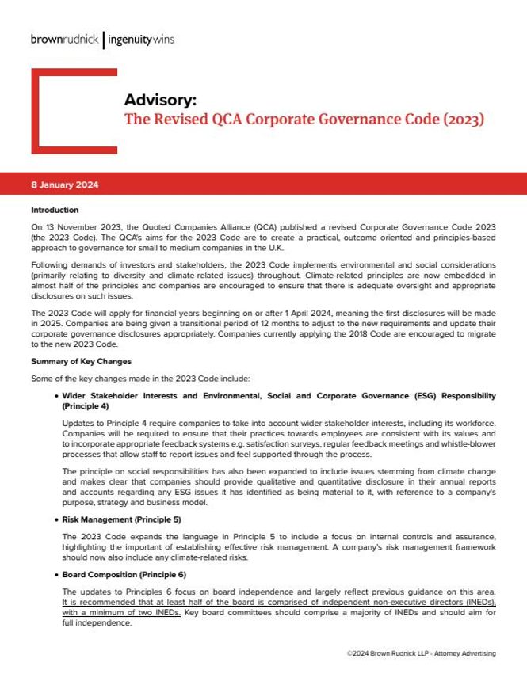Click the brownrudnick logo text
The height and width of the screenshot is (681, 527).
[66, 37]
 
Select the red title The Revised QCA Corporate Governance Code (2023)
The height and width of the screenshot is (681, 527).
[304, 121]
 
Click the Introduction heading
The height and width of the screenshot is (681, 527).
[55, 211]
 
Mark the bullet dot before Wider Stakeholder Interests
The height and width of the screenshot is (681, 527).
[54, 395]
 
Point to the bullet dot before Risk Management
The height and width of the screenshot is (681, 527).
[54, 521]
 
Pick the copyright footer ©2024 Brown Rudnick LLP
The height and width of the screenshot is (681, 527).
[421, 653]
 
